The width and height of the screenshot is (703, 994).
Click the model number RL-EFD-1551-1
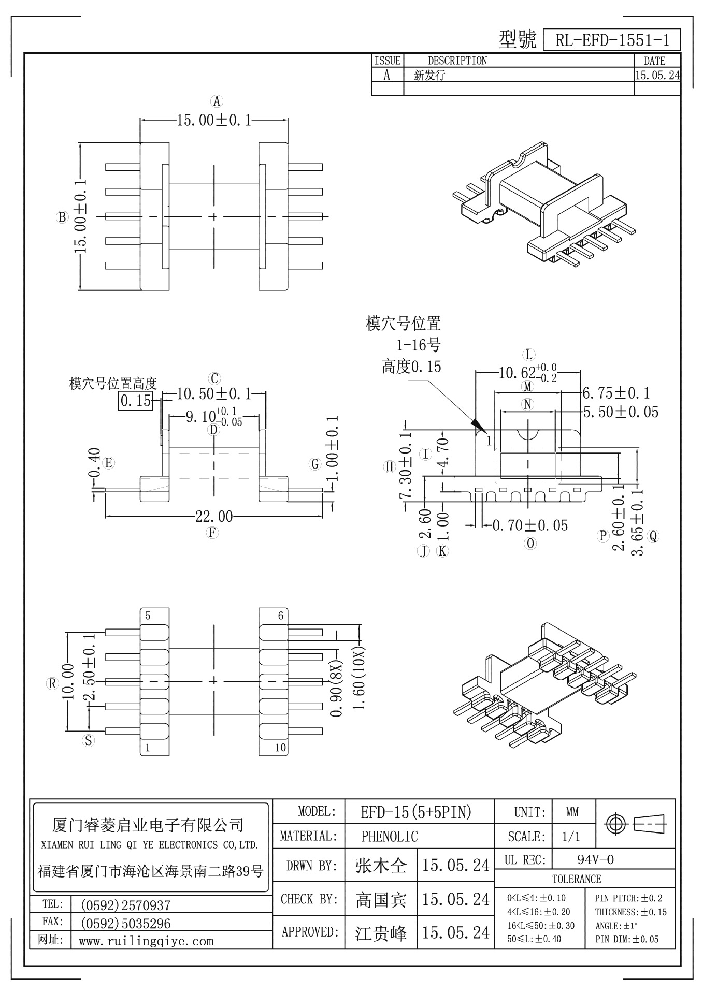(x=611, y=40)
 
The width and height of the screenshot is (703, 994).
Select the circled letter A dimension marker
(x=217, y=101)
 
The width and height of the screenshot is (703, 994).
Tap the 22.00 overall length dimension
(x=213, y=516)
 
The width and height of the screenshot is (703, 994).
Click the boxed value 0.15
(x=136, y=400)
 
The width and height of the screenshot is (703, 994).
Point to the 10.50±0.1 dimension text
(x=213, y=394)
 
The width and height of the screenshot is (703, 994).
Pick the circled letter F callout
(x=212, y=532)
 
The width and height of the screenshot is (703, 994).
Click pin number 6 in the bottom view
(x=280, y=616)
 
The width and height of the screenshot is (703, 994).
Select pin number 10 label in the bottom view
(x=280, y=748)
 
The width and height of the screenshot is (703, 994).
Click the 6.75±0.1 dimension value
(x=616, y=393)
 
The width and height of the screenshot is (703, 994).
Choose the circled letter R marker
(x=52, y=683)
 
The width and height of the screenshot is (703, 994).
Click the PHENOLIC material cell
(x=389, y=836)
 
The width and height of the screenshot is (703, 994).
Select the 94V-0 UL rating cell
(x=595, y=860)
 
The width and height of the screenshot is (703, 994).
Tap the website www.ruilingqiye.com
(x=146, y=941)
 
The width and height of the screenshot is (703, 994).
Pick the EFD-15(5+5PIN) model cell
(x=416, y=812)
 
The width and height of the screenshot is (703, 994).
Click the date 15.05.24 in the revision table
(x=657, y=75)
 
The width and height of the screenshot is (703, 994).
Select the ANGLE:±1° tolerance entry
(x=616, y=926)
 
